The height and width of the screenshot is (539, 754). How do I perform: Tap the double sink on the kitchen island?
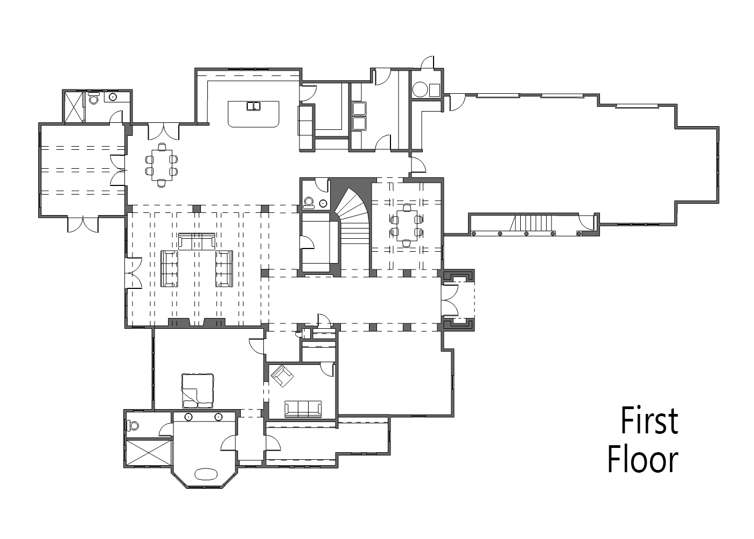click(254, 106)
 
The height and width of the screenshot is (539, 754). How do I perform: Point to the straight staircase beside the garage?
click(531, 223)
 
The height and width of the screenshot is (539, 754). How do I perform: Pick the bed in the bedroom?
click(197, 390)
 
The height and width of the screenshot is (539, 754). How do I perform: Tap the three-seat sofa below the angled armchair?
click(303, 409)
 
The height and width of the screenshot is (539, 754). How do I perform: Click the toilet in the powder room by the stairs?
click(309, 202)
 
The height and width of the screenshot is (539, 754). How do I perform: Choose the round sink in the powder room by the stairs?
click(323, 204)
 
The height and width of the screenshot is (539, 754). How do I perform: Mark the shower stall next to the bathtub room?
click(149, 452)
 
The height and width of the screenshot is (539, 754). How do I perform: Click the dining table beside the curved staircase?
click(407, 225)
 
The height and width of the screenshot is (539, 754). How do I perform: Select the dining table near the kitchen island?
click(162, 165)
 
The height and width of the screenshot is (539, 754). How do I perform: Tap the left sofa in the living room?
click(169, 268)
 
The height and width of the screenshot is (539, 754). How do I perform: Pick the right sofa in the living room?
click(224, 268)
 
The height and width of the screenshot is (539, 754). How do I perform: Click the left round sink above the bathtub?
click(188, 417)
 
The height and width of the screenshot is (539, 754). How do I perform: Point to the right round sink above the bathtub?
click(219, 417)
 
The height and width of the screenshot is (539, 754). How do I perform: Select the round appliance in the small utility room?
click(420, 89)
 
